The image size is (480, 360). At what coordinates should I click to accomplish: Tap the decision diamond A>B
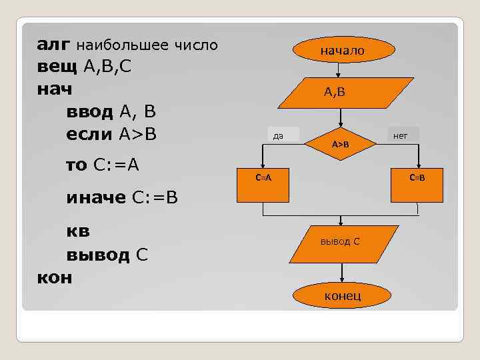click(341, 143)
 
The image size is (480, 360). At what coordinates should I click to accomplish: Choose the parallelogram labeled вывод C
click(341, 241)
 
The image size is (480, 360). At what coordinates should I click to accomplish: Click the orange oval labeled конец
click(342, 295)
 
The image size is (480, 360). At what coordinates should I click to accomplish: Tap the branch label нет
click(401, 136)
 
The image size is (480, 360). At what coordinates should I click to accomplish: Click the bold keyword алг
click(53, 45)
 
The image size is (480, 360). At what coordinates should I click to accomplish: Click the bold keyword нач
click(54, 89)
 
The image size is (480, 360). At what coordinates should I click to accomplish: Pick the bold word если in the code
click(89, 133)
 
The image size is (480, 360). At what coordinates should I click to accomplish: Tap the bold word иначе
click(97, 198)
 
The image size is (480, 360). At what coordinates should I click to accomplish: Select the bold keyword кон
click(54, 277)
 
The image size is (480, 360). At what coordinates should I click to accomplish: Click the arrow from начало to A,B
click(340, 69)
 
